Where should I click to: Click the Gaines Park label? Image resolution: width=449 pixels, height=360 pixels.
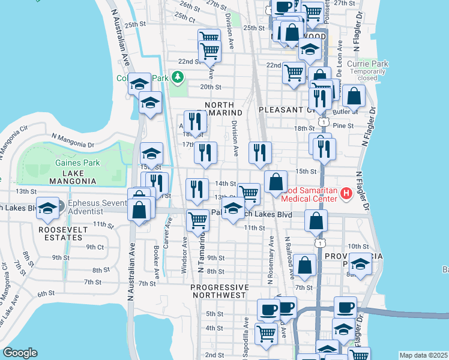(x=77, y=163)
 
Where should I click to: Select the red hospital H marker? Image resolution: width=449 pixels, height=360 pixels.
(x=346, y=193)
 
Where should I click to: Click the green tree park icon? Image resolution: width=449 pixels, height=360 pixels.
(x=178, y=77)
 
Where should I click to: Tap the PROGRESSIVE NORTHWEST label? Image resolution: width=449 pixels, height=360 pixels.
(x=218, y=291)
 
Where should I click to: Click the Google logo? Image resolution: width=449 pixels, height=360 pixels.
(x=20, y=353)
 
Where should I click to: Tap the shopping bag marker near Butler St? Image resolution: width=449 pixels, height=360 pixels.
(x=355, y=95)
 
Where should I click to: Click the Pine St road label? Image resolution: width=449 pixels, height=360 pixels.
(x=343, y=125)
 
